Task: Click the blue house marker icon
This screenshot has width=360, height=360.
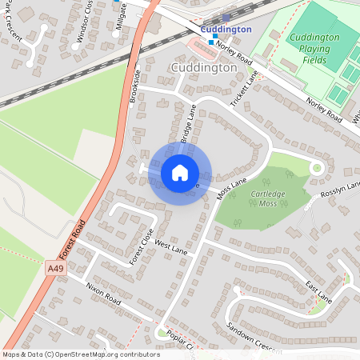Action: (x=180, y=173)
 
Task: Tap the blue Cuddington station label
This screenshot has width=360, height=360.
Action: (x=226, y=30)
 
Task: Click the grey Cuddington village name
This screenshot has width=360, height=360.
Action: (x=204, y=68)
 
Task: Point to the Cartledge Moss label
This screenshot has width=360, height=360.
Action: (x=272, y=199)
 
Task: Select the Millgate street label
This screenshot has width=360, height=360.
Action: (x=120, y=18)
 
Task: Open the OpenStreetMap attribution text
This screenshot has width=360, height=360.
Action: (x=81, y=354)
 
